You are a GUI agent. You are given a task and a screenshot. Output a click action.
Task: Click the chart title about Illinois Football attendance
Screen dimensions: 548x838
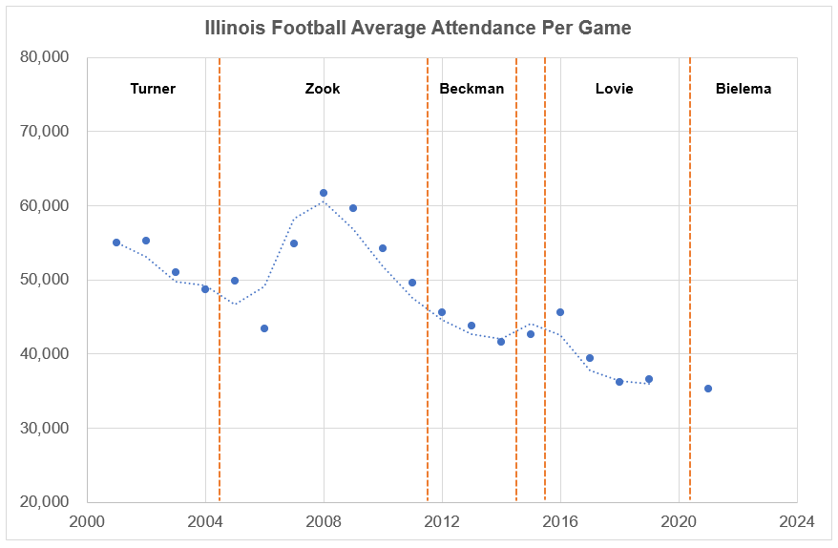tap(418, 28)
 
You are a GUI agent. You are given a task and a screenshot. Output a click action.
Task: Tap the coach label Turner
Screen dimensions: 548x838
tap(153, 89)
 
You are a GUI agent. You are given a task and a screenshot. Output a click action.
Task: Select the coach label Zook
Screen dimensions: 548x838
tap(323, 89)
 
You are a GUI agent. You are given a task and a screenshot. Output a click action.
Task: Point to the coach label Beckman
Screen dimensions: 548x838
tap(471, 89)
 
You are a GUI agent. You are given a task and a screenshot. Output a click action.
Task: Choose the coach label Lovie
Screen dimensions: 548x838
tap(614, 89)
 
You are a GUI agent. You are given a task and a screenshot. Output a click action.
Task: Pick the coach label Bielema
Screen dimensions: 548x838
tap(744, 89)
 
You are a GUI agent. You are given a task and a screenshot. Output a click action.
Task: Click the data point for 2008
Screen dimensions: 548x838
tap(324, 193)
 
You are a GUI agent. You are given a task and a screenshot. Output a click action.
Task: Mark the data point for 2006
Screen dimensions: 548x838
tap(264, 328)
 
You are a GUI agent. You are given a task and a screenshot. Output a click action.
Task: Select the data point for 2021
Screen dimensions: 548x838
tap(708, 389)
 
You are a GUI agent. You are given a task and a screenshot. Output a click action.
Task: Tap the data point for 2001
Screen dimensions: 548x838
tap(116, 242)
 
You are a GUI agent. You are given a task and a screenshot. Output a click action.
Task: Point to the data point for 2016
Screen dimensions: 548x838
tap(560, 312)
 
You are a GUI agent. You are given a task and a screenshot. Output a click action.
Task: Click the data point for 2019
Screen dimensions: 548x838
tap(649, 379)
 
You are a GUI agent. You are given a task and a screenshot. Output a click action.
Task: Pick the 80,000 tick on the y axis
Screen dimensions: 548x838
tap(44, 57)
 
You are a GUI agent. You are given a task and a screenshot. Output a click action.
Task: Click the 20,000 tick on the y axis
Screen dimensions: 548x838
tap(44, 502)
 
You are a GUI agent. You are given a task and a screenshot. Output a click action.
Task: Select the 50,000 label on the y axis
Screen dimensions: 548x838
tap(44, 280)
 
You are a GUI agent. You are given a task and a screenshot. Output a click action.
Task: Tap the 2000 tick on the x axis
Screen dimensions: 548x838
tap(87, 521)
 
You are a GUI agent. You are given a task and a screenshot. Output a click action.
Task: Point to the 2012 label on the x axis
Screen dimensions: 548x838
tap(442, 521)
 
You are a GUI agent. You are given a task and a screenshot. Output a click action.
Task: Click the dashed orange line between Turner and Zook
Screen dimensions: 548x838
tap(220, 286)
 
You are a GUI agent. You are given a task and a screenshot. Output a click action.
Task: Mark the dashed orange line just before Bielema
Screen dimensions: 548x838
tap(690, 286)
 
